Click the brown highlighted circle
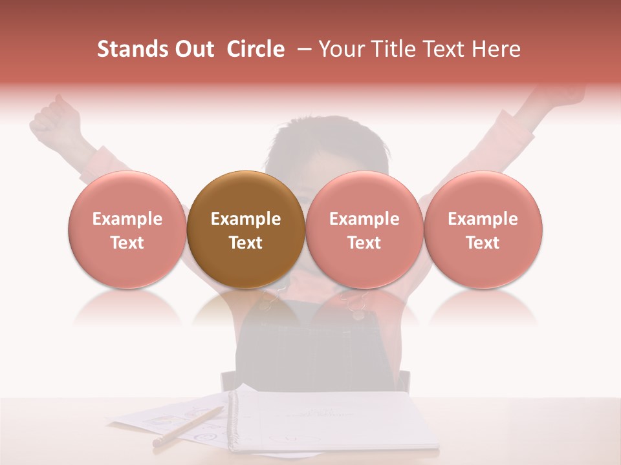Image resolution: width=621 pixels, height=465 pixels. [x=246, y=229]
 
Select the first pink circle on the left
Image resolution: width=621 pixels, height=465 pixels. [x=127, y=229]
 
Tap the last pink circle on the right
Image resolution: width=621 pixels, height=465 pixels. [x=483, y=229]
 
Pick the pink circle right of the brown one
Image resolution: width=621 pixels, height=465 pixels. [x=364, y=229]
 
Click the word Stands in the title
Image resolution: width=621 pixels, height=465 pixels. [x=131, y=49]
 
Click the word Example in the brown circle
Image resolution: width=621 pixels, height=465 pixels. [x=246, y=219]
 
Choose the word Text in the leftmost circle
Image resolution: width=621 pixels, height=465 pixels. [x=127, y=243]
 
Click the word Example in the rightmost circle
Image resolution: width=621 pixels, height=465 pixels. [x=483, y=219]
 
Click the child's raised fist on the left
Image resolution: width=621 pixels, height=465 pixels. [x=55, y=116]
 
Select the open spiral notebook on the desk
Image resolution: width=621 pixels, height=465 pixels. [x=330, y=420]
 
